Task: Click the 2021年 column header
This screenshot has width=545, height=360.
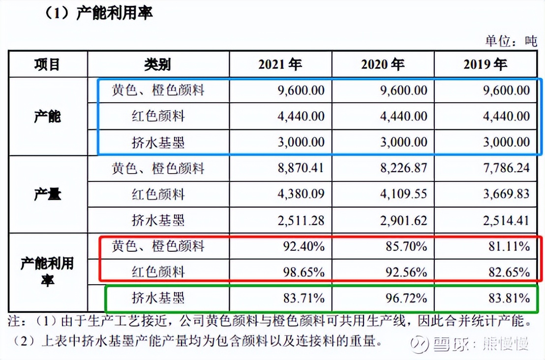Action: point(280,64)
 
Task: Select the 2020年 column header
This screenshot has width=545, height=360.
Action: point(382,64)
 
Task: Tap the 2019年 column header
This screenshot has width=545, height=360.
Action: point(484,64)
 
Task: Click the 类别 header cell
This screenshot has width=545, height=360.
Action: point(157,64)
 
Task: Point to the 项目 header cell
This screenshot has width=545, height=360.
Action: point(47,64)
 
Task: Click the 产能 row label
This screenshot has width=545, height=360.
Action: point(47,117)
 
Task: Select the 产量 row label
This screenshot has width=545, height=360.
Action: point(47,195)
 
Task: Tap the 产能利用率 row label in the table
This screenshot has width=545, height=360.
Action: point(47,271)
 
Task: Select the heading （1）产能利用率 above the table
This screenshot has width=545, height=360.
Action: point(98,13)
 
